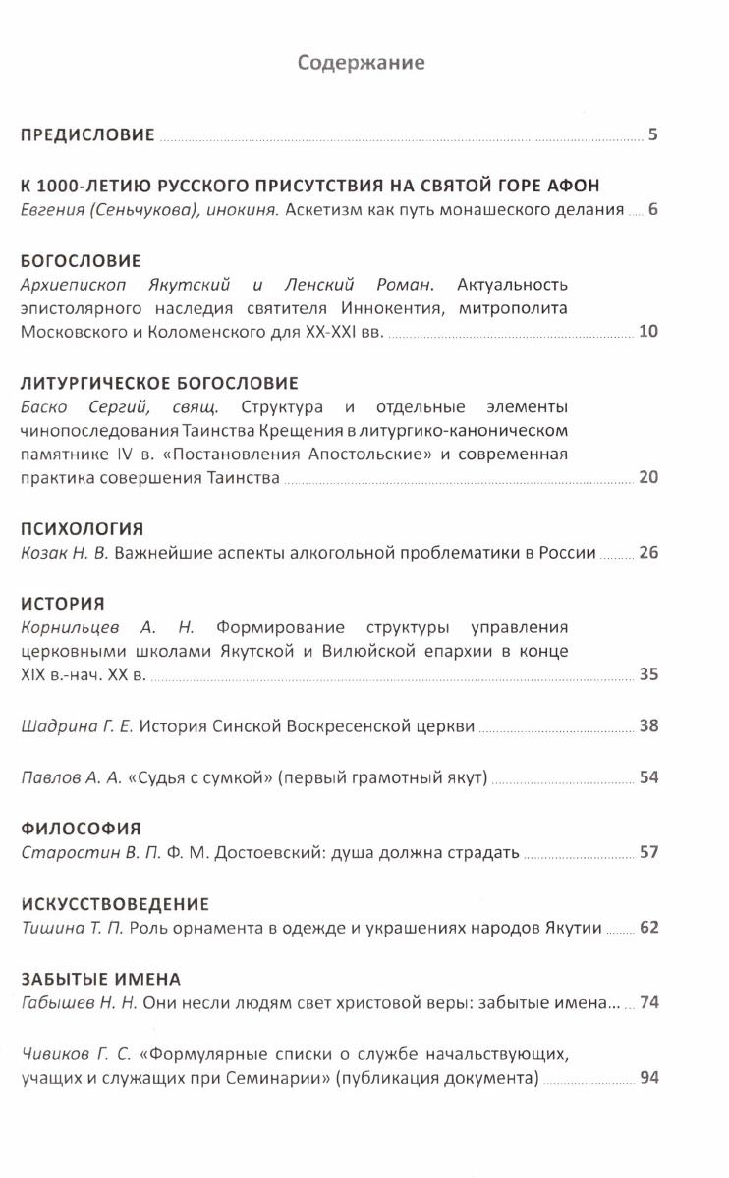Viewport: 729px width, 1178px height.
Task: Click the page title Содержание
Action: [362, 63]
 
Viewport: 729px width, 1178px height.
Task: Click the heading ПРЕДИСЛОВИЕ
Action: [87, 135]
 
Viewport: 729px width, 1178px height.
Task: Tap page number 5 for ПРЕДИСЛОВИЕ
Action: [652, 134]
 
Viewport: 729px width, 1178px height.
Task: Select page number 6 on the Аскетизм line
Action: [652, 209]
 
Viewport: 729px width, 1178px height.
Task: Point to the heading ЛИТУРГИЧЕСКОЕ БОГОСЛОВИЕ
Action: [159, 382]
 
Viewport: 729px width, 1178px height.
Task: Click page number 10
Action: [647, 331]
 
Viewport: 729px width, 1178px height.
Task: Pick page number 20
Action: [647, 477]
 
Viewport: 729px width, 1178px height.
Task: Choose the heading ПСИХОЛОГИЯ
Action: [82, 528]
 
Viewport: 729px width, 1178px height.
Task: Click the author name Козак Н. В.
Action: [64, 553]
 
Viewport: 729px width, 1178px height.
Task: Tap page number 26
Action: [647, 552]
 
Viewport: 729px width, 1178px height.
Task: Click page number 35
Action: [647, 674]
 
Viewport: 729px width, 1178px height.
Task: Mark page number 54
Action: [647, 777]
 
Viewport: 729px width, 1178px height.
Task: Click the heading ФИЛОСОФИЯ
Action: [81, 828]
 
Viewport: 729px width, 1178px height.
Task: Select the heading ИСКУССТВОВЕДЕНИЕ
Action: [115, 902]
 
